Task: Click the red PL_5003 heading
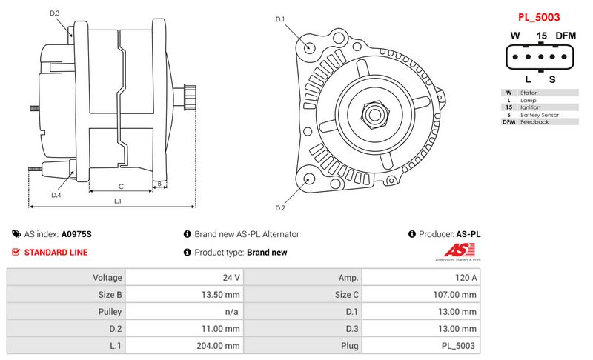coord(539,17)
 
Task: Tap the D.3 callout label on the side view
coord(54,13)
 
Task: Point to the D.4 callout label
coord(56,195)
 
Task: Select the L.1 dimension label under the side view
coord(118,201)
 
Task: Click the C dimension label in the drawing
coord(121,186)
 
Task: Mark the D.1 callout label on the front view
coord(280,19)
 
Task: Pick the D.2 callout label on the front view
coord(280,207)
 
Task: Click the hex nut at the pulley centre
coord(375,115)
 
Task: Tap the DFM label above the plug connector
coord(566,36)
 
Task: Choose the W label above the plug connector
coord(514,36)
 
